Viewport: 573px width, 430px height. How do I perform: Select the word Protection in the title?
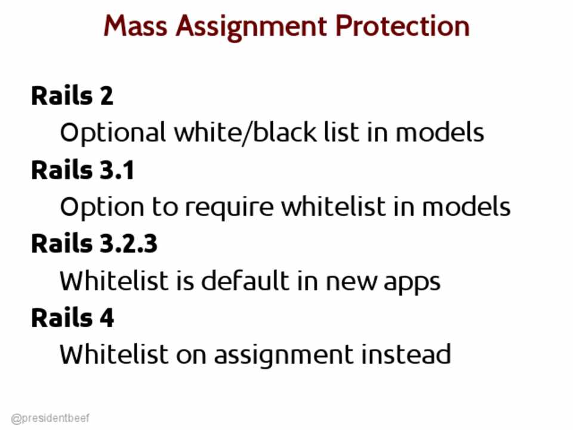(402, 26)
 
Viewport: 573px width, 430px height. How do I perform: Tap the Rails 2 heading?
(72, 96)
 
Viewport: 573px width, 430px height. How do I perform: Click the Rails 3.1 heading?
(83, 170)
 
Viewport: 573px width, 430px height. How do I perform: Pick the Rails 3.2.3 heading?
(94, 243)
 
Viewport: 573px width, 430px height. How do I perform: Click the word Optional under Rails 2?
(113, 133)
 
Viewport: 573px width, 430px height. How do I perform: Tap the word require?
(229, 208)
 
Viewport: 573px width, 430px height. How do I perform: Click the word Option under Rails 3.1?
(102, 208)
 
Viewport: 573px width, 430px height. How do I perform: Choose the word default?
(245, 281)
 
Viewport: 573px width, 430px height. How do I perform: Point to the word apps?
(412, 283)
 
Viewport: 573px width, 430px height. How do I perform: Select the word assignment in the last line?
(284, 355)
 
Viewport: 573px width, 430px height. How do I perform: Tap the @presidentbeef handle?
(50, 418)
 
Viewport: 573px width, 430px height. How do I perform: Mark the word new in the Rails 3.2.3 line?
(351, 282)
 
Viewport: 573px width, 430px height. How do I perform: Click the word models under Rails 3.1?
(466, 207)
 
